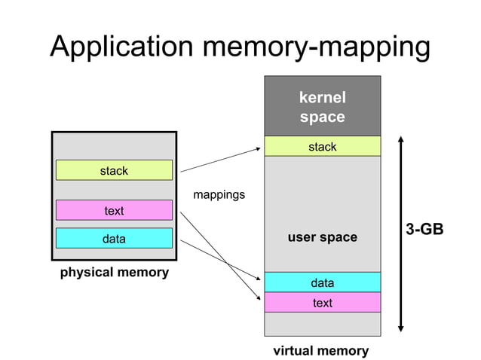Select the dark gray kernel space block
[322, 106]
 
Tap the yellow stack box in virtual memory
[322, 147]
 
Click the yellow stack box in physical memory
[114, 170]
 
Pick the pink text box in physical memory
[114, 210]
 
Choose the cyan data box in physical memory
[114, 239]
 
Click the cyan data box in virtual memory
[322, 282]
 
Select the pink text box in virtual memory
[322, 303]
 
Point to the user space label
[322, 237]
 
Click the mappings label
[219, 195]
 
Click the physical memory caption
[114, 272]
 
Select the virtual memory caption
[320, 350]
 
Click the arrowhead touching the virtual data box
[259, 276]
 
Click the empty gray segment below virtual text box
[322, 324]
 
